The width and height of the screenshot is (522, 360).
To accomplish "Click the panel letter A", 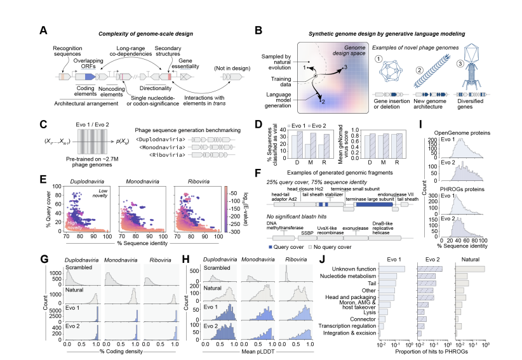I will pyautogui.click(x=43, y=30).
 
